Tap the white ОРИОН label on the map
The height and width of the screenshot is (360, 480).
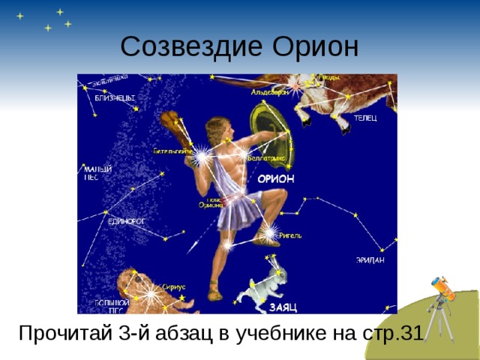pyautogui.click(x=276, y=178)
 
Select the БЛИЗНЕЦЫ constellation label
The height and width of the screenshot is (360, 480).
pyautogui.click(x=115, y=97)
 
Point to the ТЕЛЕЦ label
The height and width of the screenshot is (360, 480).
pyautogui.click(x=365, y=118)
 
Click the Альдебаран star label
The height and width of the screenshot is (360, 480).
pyautogui.click(x=268, y=92)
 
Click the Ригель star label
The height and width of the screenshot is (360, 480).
pyautogui.click(x=290, y=235)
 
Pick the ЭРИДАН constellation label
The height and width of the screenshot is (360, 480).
pyautogui.click(x=370, y=260)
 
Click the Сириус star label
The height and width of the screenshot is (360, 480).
pyautogui.click(x=174, y=286)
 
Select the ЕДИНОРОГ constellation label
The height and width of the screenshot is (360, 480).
pyautogui.click(x=125, y=222)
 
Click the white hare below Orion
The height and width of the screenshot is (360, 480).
pyautogui.click(x=260, y=283)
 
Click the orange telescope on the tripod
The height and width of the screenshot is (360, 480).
pyautogui.click(x=443, y=289)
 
